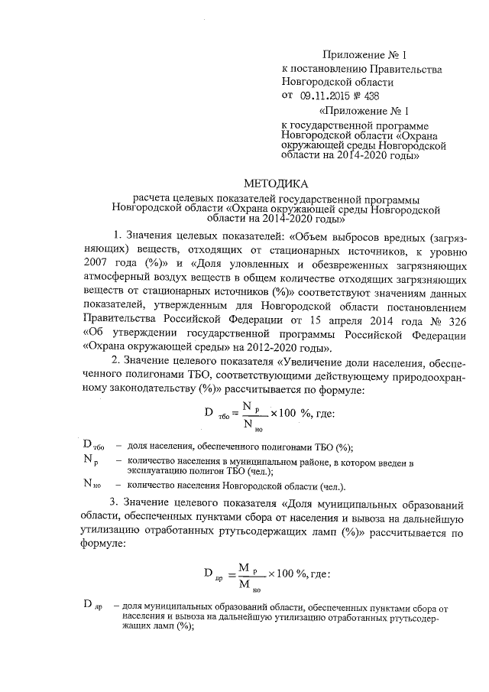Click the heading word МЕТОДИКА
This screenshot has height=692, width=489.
click(x=275, y=184)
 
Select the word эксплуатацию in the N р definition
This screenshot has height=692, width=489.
click(x=158, y=472)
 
